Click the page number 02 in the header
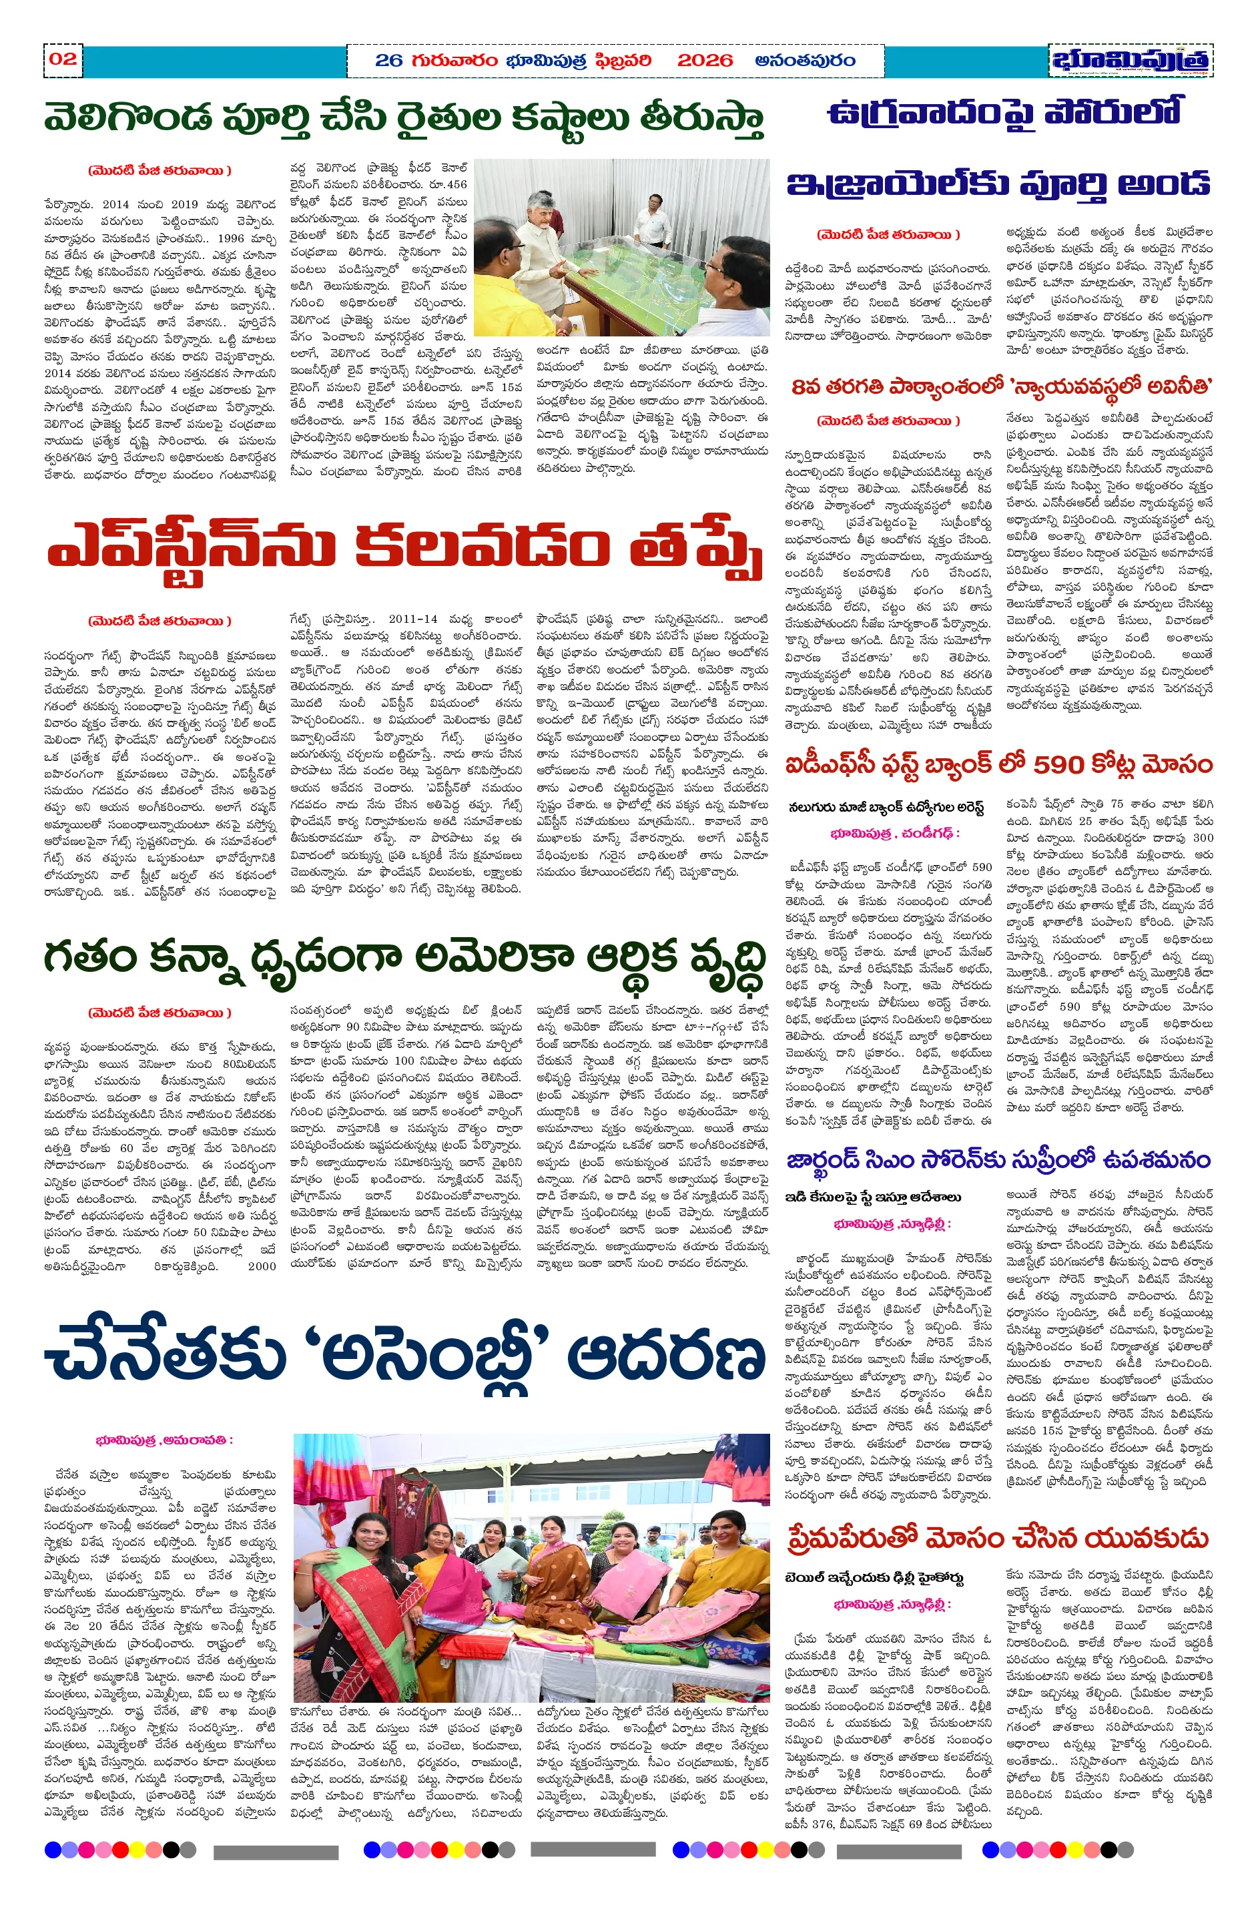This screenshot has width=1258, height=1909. tap(63, 59)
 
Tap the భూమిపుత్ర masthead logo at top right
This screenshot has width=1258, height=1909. tap(1130, 60)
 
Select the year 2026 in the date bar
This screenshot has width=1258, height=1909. tap(705, 60)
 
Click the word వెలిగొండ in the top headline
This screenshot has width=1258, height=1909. tap(128, 118)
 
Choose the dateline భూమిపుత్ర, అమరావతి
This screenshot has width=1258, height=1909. tap(164, 1440)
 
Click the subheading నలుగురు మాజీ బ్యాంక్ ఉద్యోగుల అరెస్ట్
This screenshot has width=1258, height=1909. tap(885, 807)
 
